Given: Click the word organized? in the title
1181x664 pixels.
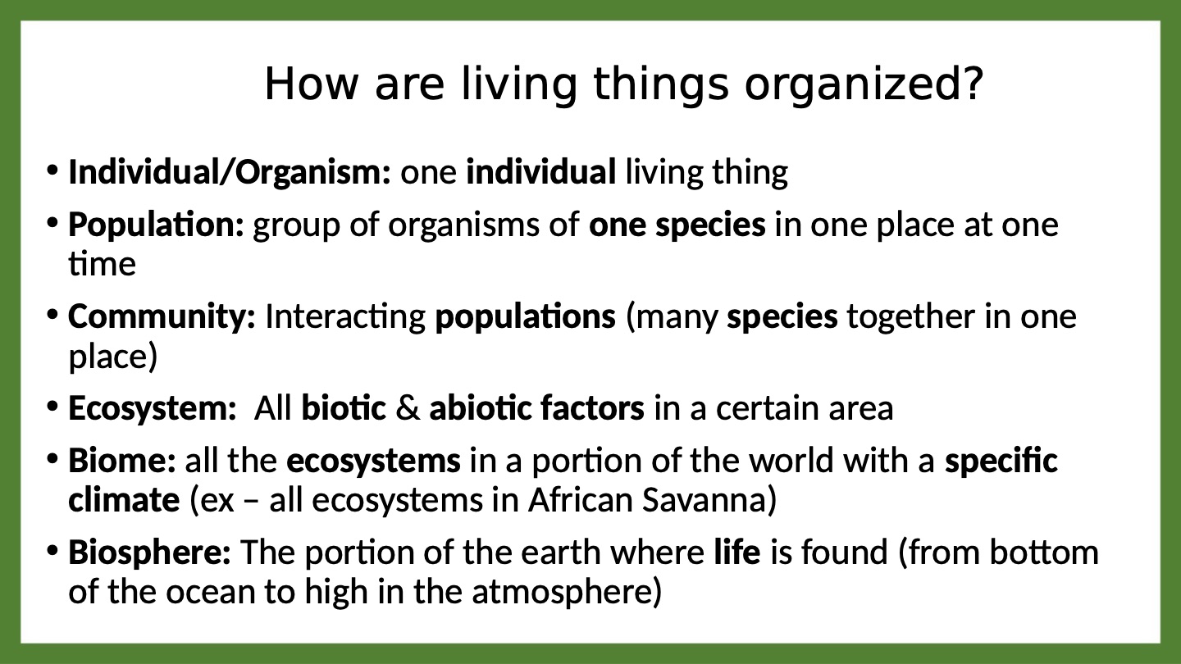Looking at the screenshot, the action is click(864, 85).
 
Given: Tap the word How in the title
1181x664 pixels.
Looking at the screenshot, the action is click(311, 84).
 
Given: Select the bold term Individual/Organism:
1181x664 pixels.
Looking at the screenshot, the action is click(230, 172).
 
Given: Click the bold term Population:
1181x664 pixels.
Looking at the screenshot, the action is click(156, 225).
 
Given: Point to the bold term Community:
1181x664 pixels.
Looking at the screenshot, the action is click(162, 317).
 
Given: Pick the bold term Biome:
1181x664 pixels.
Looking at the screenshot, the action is click(121, 460).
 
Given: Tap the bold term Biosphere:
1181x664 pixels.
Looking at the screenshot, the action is click(150, 553).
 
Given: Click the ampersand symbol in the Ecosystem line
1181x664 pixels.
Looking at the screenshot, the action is click(408, 408).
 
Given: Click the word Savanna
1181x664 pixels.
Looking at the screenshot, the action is click(704, 500).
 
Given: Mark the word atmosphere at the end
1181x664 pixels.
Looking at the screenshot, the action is click(562, 592).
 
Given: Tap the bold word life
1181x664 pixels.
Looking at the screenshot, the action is click(737, 552).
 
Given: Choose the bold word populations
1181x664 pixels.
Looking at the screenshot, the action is click(525, 317).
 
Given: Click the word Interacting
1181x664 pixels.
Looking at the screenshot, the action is click(345, 317).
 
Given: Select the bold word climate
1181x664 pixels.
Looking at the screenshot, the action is click(124, 499).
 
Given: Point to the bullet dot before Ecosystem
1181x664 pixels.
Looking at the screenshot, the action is click(52, 407).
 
